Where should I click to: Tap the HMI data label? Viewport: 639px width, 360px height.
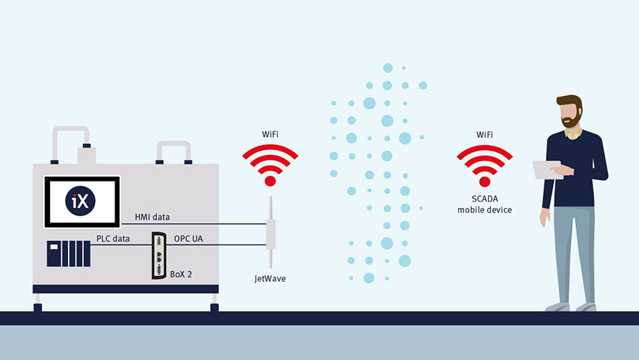click(x=153, y=218)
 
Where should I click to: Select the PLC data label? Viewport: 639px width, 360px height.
click(x=113, y=239)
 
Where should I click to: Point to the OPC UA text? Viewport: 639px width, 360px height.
click(x=188, y=239)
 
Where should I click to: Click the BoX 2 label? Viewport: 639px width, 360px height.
click(x=181, y=275)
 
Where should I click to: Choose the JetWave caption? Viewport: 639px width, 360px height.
click(x=269, y=278)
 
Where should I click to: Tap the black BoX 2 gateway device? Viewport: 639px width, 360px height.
click(x=159, y=256)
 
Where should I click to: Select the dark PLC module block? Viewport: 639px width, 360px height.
click(x=68, y=254)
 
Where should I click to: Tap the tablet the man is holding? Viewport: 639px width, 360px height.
click(x=547, y=170)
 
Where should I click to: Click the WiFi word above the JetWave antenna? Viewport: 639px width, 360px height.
click(x=270, y=133)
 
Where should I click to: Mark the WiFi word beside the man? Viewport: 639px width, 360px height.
click(x=484, y=133)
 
